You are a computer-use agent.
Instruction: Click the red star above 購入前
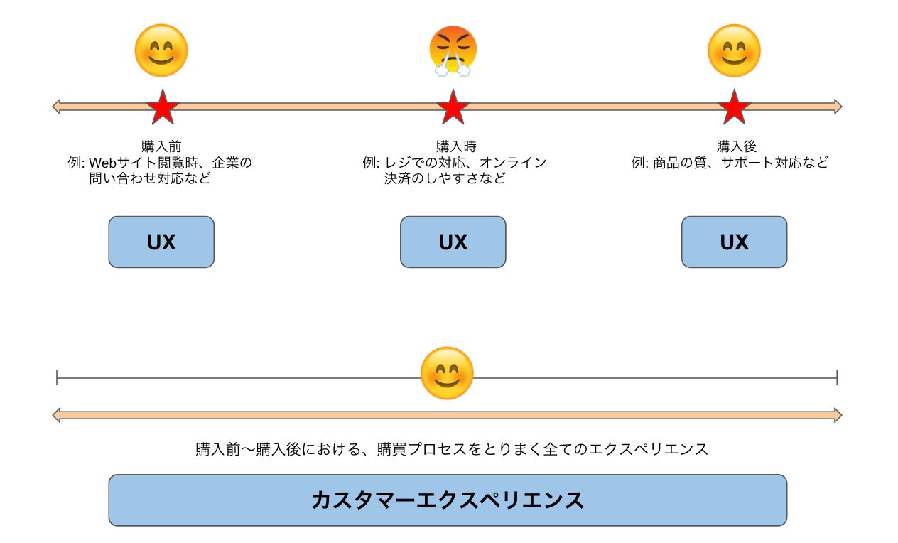click(163, 107)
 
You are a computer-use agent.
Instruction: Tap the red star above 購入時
click(453, 107)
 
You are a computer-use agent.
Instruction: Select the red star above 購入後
click(734, 107)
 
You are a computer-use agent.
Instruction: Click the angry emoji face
click(453, 50)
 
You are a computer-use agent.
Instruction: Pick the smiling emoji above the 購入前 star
click(161, 50)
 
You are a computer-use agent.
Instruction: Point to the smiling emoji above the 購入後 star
click(734, 50)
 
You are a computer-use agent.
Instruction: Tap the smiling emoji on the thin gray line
click(447, 373)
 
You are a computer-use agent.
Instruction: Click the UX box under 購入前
click(161, 242)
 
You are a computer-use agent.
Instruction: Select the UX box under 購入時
click(453, 242)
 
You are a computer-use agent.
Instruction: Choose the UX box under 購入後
click(734, 242)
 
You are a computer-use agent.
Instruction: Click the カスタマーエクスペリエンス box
click(448, 500)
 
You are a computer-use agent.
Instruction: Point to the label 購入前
click(161, 147)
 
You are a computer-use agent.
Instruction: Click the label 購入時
click(455, 147)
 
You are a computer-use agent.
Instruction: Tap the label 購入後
click(737, 147)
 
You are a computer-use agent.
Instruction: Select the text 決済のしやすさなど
click(445, 178)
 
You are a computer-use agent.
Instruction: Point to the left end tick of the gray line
click(57, 377)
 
